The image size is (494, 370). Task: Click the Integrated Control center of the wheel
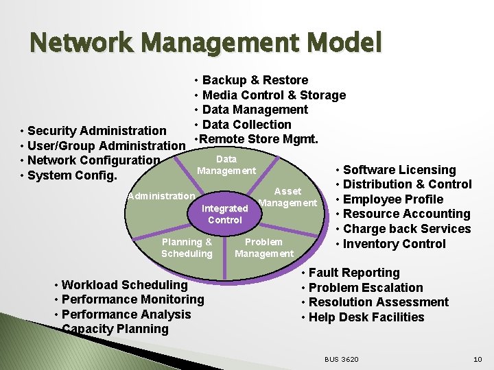(225, 214)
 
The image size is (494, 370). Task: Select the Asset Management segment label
(287, 197)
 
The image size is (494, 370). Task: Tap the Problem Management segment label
(263, 247)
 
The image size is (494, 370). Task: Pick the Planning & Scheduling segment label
(187, 247)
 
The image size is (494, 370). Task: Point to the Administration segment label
(161, 196)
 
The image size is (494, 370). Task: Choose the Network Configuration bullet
(93, 160)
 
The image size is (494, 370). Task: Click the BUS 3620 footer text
(341, 360)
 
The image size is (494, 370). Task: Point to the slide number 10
(478, 360)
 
